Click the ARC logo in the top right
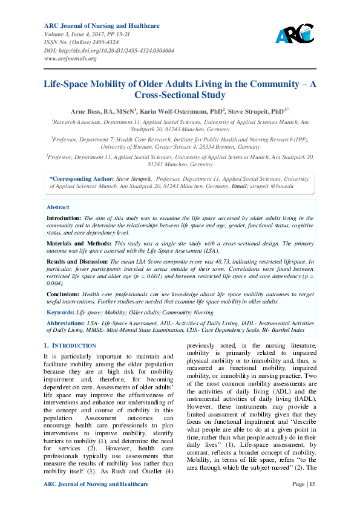(x=294, y=34)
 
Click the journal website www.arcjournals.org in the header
(x=70, y=59)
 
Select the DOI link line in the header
(x=109, y=51)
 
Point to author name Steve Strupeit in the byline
(x=249, y=111)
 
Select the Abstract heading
(x=58, y=207)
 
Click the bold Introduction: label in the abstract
(x=64, y=218)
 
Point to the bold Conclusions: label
(x=64, y=293)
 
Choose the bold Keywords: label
(x=61, y=312)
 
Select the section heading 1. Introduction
(x=70, y=346)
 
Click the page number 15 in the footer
(x=312, y=484)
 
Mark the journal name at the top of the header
(x=102, y=26)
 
